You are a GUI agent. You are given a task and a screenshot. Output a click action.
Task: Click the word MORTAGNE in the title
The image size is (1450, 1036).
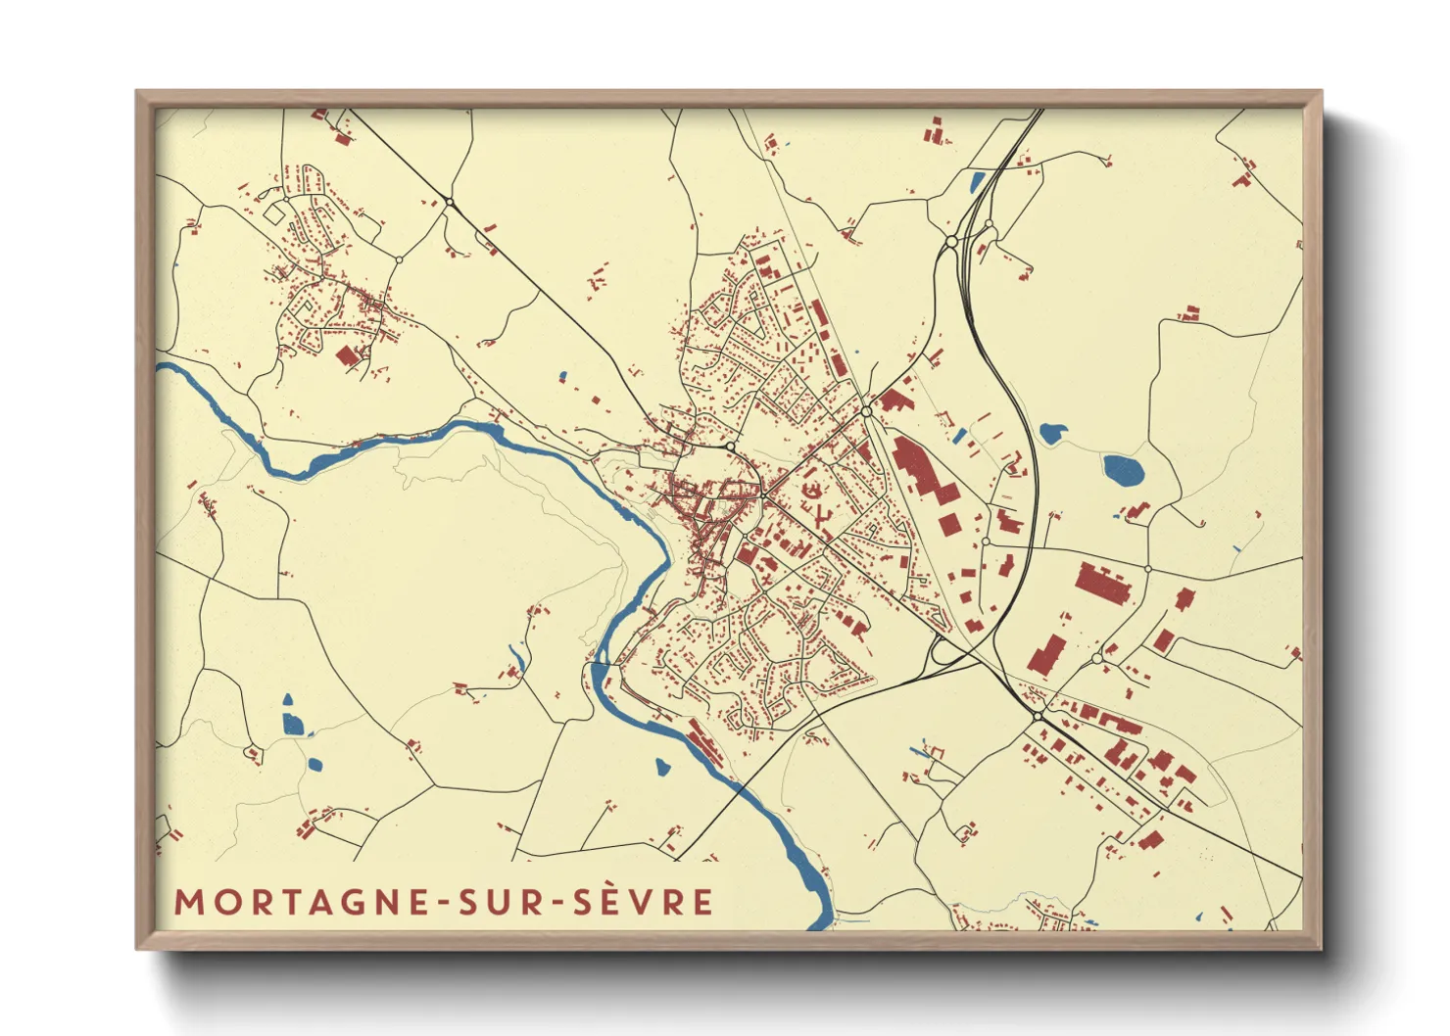(x=301, y=902)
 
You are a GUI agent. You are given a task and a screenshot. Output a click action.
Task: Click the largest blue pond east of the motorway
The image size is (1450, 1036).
(x=1123, y=471)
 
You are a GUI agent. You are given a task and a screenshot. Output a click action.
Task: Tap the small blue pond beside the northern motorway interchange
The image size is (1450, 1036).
(x=977, y=180)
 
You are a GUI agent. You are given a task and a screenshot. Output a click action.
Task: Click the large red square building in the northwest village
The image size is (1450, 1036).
(x=347, y=355)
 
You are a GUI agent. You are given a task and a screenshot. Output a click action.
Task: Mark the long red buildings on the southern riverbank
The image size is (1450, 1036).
(x=704, y=743)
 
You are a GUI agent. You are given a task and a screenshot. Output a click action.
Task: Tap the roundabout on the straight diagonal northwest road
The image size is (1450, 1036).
(x=449, y=202)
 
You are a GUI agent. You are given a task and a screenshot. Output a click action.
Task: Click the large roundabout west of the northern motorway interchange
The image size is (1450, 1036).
(x=951, y=241)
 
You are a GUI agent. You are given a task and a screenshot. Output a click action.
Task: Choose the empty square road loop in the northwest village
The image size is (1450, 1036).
(x=276, y=212)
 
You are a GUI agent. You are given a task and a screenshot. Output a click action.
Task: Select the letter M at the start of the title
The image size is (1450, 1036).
(x=188, y=902)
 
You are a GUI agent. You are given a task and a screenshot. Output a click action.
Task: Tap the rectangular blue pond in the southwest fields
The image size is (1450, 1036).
(x=292, y=724)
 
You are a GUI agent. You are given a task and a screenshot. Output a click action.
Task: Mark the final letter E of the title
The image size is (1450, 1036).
(x=702, y=902)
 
